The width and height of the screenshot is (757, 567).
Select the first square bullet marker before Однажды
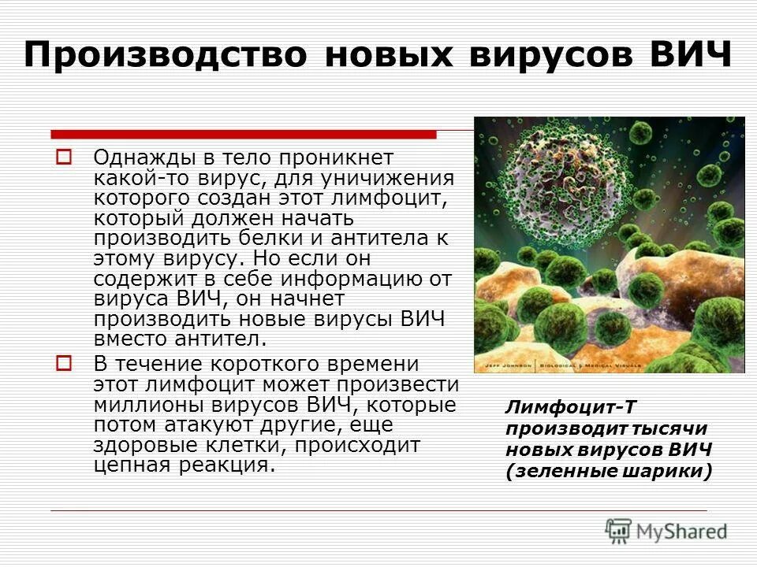pos(65,156)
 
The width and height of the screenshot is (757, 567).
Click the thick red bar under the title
pos(243,134)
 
